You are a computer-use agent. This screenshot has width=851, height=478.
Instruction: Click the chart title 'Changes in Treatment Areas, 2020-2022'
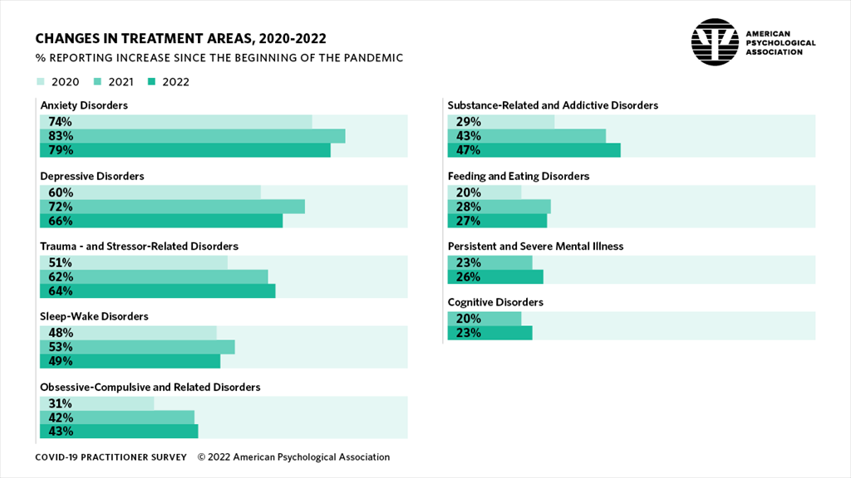point(180,39)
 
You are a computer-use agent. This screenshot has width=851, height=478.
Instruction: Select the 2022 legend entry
point(169,81)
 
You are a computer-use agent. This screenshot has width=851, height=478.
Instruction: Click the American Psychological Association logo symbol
point(715,42)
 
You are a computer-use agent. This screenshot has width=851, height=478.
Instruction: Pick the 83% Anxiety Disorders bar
point(192,136)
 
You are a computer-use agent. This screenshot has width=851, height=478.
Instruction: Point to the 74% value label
point(61,122)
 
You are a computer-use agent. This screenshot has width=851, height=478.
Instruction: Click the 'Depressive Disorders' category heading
point(92,176)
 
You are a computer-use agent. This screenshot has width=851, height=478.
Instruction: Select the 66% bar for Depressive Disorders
point(161,221)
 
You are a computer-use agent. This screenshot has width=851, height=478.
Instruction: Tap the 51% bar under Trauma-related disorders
point(134,263)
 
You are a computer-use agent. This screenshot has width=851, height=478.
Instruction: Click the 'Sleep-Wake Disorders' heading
point(95,316)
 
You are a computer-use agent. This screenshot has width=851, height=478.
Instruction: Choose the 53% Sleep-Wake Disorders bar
point(137,347)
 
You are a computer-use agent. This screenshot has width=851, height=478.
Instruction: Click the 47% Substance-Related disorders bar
point(534,150)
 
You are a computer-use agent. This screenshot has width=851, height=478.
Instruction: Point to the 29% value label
point(468,122)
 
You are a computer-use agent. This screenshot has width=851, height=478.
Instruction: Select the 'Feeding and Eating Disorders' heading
point(519,176)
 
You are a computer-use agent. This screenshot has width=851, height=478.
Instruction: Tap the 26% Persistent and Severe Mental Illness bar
point(495,276)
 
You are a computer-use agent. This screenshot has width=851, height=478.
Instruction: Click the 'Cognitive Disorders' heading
point(495,302)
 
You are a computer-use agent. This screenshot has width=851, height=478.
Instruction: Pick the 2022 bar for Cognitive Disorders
point(489,333)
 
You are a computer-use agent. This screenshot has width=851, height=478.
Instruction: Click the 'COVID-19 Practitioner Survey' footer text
point(111,457)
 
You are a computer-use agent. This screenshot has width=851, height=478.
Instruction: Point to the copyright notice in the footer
point(293,457)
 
